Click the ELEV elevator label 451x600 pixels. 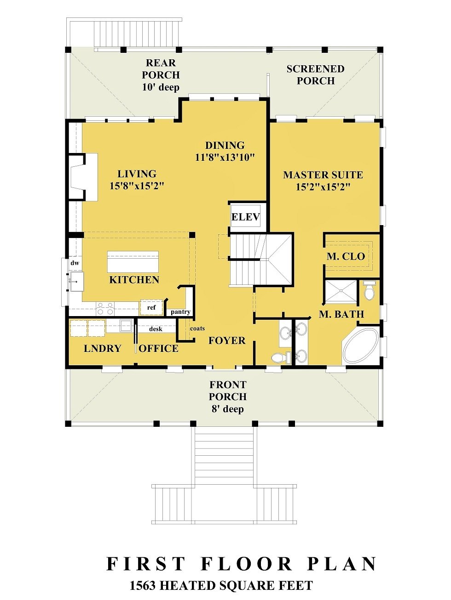point(245,217)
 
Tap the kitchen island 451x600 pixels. point(133,262)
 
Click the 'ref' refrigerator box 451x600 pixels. point(151,308)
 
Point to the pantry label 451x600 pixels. point(180,312)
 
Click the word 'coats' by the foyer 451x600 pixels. point(197,328)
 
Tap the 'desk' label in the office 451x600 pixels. point(156,329)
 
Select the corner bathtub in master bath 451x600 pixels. point(360,346)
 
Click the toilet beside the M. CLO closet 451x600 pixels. point(369,291)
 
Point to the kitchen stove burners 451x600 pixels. point(105,308)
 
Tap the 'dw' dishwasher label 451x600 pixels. point(75,263)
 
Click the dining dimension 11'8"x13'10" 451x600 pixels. point(225,157)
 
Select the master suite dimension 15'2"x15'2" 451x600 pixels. point(323,187)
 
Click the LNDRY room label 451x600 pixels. point(103,349)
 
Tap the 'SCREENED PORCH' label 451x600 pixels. point(315,74)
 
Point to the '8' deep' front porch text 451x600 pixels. point(227,409)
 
